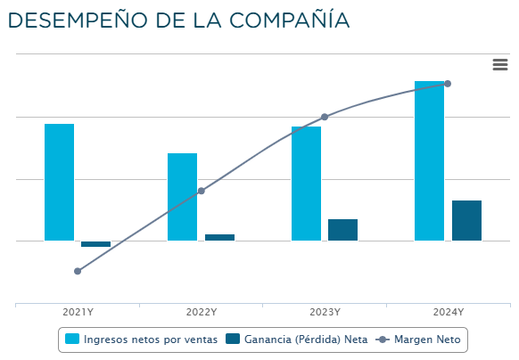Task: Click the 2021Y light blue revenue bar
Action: point(59,182)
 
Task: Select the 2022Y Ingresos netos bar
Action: point(183,196)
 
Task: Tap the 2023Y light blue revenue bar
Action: point(306,183)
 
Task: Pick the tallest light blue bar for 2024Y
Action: point(429,160)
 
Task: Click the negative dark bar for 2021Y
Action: point(95,243)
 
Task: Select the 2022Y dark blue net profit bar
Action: point(219,237)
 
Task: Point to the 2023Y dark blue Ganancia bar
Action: point(342,230)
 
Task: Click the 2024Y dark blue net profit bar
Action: point(466,220)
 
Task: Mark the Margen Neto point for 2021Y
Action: point(78,271)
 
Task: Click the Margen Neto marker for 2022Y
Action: point(202,191)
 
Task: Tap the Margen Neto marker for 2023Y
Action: point(325,117)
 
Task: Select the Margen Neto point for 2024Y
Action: point(448,84)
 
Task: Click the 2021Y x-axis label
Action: point(78,312)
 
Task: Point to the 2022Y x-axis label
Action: point(202,312)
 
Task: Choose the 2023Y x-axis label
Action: point(325,312)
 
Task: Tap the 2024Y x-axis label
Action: point(448,312)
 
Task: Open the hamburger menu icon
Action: point(500,64)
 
